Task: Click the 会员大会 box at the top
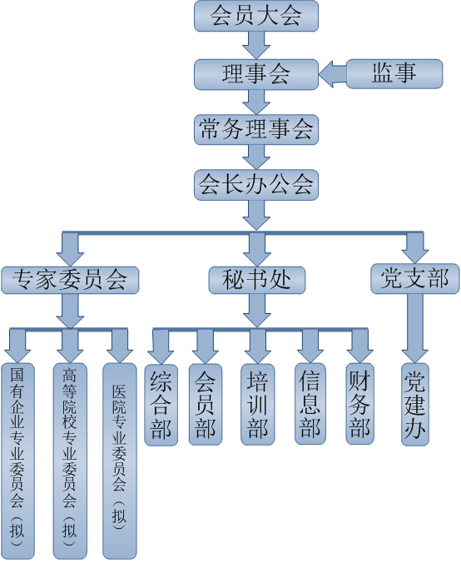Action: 255,16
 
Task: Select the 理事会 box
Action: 255,74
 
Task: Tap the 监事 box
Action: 394,73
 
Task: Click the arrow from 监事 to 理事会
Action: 332,74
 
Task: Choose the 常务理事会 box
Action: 255,129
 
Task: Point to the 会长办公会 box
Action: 255,185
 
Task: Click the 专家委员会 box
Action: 70,280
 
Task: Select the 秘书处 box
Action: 256,280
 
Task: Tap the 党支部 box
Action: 415,278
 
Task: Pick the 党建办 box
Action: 415,404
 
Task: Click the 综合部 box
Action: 161,405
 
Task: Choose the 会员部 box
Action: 206,404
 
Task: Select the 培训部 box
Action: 258,404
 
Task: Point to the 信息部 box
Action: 310,403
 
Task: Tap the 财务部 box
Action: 359,403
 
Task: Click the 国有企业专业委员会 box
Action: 17,461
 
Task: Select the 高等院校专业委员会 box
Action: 70,461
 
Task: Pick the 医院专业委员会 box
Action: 119,461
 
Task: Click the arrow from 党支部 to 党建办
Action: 415,328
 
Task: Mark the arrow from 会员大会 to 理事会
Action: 256,45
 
